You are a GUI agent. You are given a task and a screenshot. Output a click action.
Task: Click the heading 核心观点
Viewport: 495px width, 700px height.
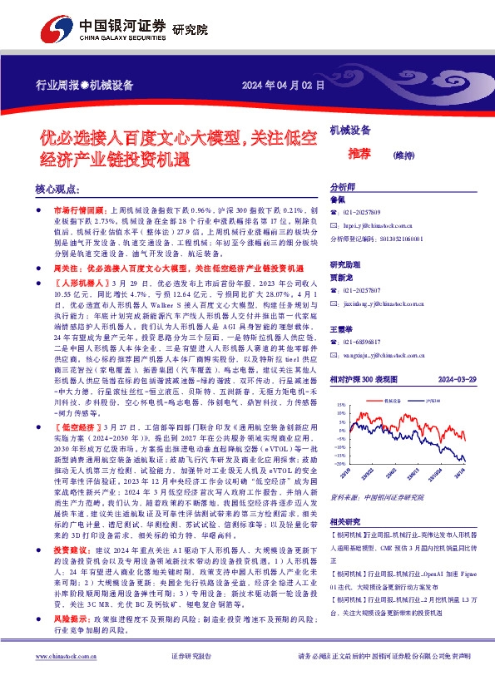pos(58,190)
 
